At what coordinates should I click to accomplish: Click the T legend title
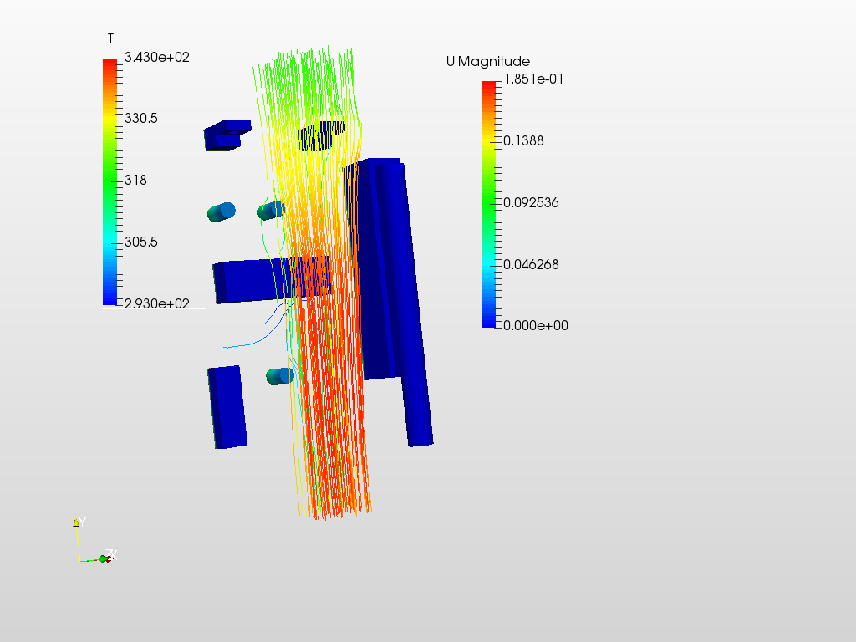pos(110,39)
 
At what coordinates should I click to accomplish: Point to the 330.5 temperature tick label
pos(141,119)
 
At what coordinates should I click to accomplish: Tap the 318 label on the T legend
pos(135,180)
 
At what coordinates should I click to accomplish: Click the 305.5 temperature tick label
pos(141,242)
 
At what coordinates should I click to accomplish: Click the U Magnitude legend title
pos(487,61)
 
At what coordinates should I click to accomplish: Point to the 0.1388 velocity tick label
pos(523,140)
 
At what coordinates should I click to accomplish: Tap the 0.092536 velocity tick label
pos(531,202)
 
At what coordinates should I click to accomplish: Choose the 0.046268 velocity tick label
pos(531,264)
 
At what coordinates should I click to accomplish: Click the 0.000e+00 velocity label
pos(535,325)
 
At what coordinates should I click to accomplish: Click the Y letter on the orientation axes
pos(81,522)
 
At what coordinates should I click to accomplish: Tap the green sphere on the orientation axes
pos(104,558)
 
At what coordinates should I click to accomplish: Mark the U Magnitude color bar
pos(489,203)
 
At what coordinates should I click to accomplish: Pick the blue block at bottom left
pos(228,407)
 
